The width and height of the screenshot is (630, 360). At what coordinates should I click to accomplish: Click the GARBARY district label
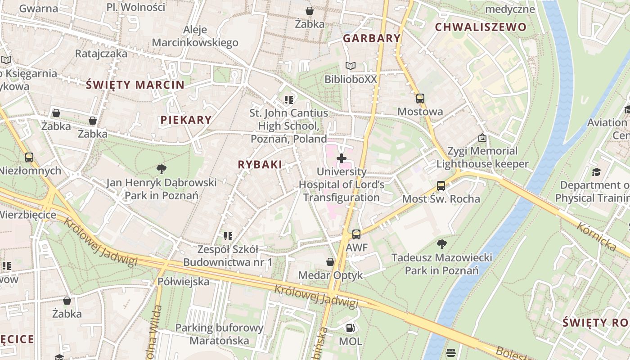[x=372, y=38]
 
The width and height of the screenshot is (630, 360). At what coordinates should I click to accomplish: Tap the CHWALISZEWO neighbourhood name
[x=480, y=27]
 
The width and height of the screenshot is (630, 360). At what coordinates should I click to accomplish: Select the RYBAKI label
[x=260, y=165]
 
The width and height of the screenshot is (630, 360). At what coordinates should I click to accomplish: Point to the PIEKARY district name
[x=186, y=120]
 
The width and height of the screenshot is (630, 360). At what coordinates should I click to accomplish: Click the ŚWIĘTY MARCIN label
[x=135, y=85]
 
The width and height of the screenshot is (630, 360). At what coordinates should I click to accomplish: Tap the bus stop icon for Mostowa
[x=420, y=99]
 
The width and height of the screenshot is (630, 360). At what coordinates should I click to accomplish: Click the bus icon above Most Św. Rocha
[x=441, y=186]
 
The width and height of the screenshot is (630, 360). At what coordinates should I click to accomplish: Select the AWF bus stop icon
[x=356, y=234]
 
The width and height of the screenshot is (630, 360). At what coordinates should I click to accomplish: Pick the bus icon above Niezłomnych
[x=29, y=157]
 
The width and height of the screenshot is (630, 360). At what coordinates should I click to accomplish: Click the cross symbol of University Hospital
[x=342, y=158]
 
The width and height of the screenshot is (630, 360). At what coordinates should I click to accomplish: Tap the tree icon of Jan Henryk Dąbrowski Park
[x=162, y=169]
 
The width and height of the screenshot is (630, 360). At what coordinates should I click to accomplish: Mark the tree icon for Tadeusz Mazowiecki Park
[x=441, y=244]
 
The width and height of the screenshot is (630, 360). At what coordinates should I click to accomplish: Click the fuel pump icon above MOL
[x=350, y=328]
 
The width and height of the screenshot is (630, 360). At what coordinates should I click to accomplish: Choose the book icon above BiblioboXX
[x=350, y=66]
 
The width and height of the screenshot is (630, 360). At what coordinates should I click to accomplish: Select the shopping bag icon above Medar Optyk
[x=330, y=262]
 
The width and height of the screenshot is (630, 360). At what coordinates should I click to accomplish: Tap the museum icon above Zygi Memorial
[x=482, y=138]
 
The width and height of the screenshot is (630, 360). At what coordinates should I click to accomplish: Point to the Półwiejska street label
[x=184, y=282]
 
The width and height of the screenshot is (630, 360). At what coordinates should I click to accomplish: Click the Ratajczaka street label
[x=101, y=54]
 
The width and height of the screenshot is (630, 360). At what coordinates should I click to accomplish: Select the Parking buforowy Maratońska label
[x=219, y=334]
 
